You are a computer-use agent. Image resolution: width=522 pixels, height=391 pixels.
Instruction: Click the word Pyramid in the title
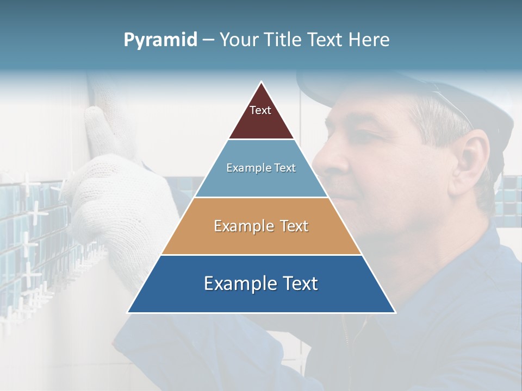click(x=160, y=40)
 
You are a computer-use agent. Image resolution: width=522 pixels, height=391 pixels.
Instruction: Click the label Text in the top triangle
click(x=260, y=110)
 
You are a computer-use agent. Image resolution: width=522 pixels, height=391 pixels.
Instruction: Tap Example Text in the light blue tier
click(x=261, y=168)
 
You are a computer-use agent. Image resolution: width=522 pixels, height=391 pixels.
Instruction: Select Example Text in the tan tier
click(x=261, y=226)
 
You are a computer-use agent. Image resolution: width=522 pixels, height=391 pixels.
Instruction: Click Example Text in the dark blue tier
click(x=261, y=283)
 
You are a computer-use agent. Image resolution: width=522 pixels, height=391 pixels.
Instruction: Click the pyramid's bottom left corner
click(x=128, y=312)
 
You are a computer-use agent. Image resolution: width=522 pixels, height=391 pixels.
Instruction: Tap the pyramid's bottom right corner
click(x=395, y=312)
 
